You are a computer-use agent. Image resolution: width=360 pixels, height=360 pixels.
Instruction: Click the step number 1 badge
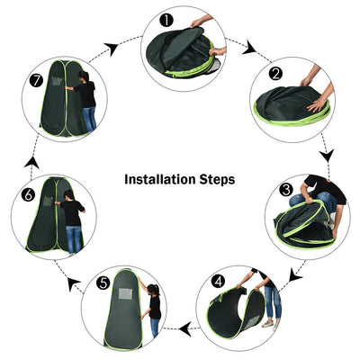coord(166,18)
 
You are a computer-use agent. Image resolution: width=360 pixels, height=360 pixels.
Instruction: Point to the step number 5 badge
coord(103,283)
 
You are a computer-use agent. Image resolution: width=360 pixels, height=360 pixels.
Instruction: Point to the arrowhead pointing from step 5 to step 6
coord(73,283)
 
